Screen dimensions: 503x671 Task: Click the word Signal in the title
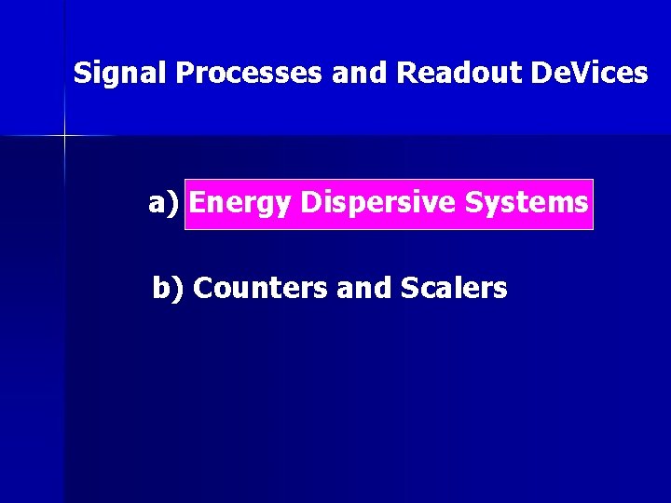coord(120,73)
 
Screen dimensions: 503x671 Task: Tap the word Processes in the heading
coord(249,73)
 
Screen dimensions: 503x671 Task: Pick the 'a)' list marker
coord(164,202)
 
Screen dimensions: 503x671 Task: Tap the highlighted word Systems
coord(527,202)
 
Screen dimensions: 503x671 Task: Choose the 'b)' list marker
coord(169,289)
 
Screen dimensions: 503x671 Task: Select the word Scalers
coord(454,289)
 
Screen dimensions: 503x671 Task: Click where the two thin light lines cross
coord(64,136)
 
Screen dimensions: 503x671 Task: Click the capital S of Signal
coord(82,73)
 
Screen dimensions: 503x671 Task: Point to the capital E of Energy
coord(198,202)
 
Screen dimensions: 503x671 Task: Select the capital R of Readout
coord(406,73)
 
